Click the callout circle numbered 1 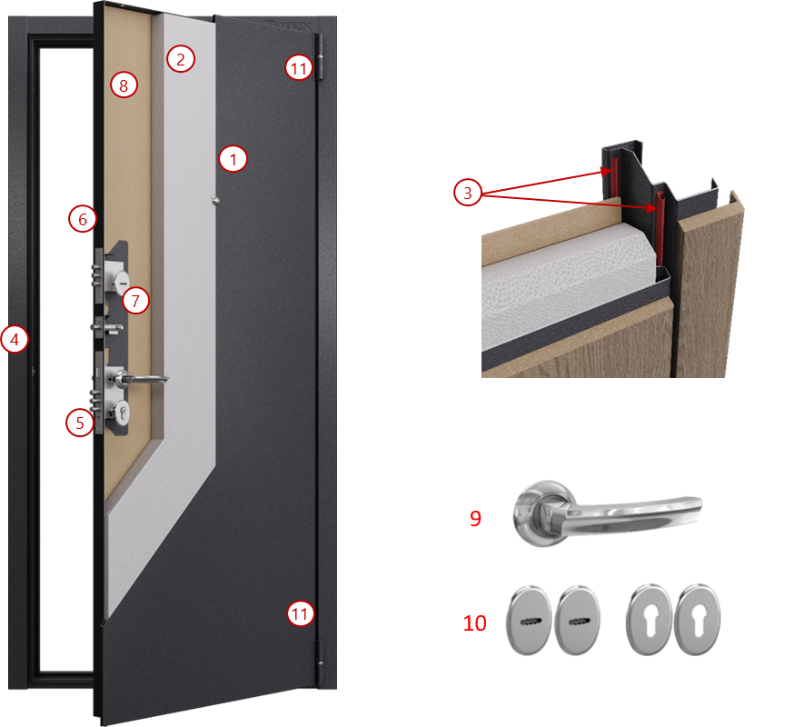pos(233,159)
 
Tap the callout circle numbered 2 pos(181,59)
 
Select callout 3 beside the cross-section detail pos(467,193)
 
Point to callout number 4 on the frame pos(15,339)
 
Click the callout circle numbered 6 pos(83,219)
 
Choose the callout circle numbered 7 pos(135,301)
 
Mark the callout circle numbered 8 pos(124,85)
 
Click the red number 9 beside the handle pos(475,518)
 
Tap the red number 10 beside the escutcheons pos(475,623)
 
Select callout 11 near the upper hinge pos(299,68)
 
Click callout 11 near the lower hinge pos(300,613)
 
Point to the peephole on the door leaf pos(215,201)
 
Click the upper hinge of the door pos(320,57)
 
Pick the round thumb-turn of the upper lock pos(122,281)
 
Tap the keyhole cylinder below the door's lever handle pos(122,412)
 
